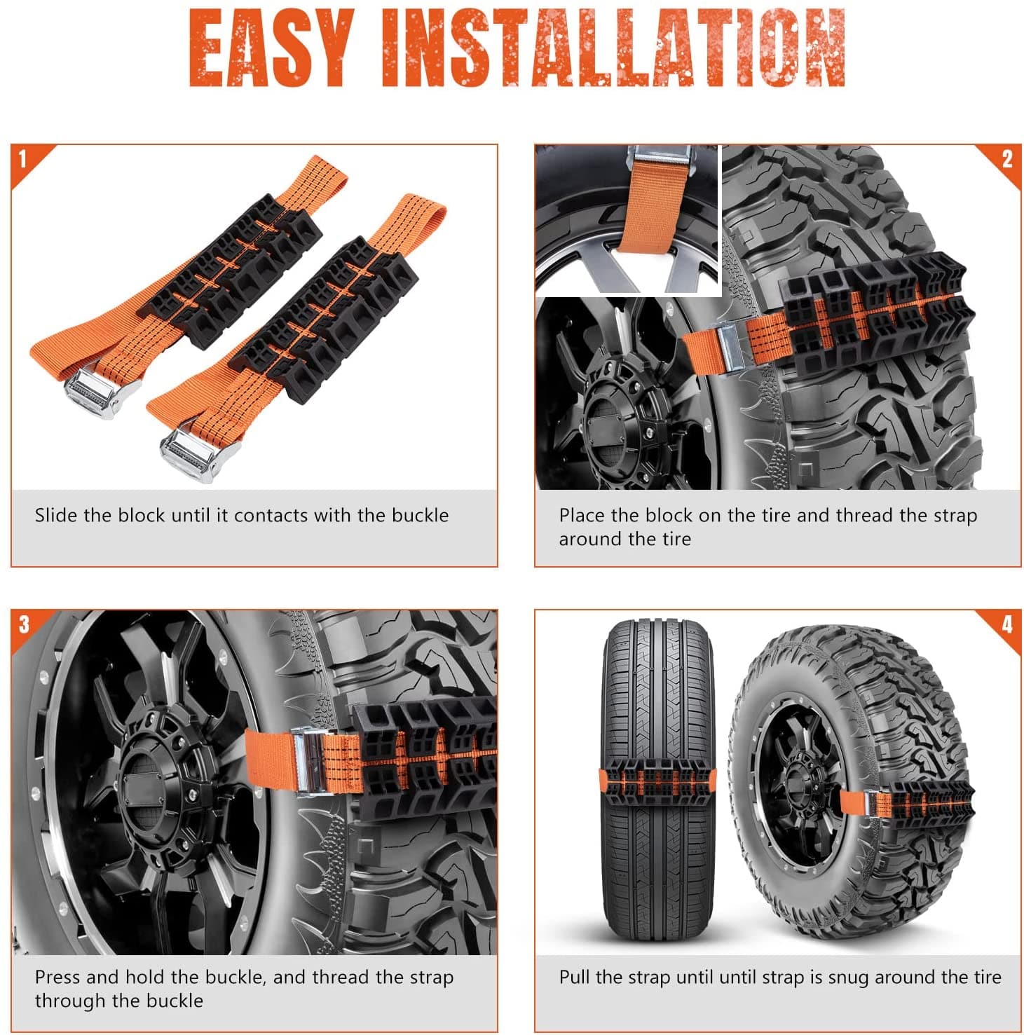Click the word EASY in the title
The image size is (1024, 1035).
pyautogui.click(x=271, y=49)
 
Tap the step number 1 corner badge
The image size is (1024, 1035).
pyautogui.click(x=23, y=158)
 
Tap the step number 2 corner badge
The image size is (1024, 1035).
pyautogui.click(x=1006, y=158)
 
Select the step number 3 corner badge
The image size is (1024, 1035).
pyautogui.click(x=24, y=623)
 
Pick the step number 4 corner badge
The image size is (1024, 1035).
pyautogui.click(x=1006, y=623)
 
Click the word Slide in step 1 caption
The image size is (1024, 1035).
pyautogui.click(x=56, y=515)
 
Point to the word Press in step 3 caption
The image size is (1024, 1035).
pyautogui.click(x=57, y=977)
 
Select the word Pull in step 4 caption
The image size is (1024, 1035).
pyautogui.click(x=574, y=977)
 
